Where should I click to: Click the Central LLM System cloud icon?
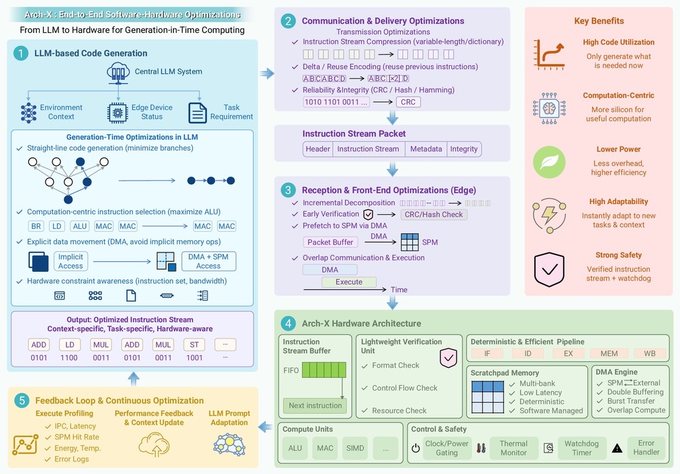pyautogui.click(x=118, y=73)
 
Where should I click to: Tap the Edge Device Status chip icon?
pyautogui.click(x=117, y=113)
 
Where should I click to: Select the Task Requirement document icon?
pyautogui.click(x=197, y=113)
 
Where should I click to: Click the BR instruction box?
pyautogui.click(x=36, y=226)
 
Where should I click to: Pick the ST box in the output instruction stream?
pyautogui.click(x=194, y=345)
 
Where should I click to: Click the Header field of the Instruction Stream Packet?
pyautogui.click(x=318, y=149)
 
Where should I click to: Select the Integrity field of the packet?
pyautogui.click(x=464, y=149)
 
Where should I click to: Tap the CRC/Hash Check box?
pyautogui.click(x=434, y=214)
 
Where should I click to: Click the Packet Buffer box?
pyautogui.click(x=330, y=242)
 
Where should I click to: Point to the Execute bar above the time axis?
pyautogui.click(x=349, y=282)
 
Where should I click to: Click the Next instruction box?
pyautogui.click(x=315, y=406)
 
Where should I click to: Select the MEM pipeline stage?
pyautogui.click(x=609, y=353)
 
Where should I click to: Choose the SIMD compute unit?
pyautogui.click(x=355, y=448)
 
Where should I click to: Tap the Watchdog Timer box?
pyautogui.click(x=581, y=448)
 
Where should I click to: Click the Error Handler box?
pyautogui.click(x=646, y=448)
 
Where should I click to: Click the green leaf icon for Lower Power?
pyautogui.click(x=549, y=162)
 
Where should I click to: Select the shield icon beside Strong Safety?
pyautogui.click(x=549, y=269)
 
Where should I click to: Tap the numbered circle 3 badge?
pyautogui.click(x=288, y=190)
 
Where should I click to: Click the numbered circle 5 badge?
pyautogui.click(x=21, y=400)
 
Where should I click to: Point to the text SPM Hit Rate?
pyautogui.click(x=77, y=437)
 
